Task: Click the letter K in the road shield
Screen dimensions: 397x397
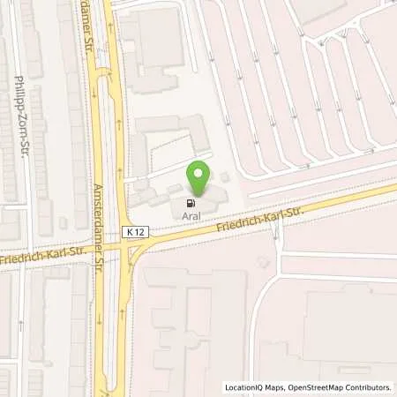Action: tap(129, 230)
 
